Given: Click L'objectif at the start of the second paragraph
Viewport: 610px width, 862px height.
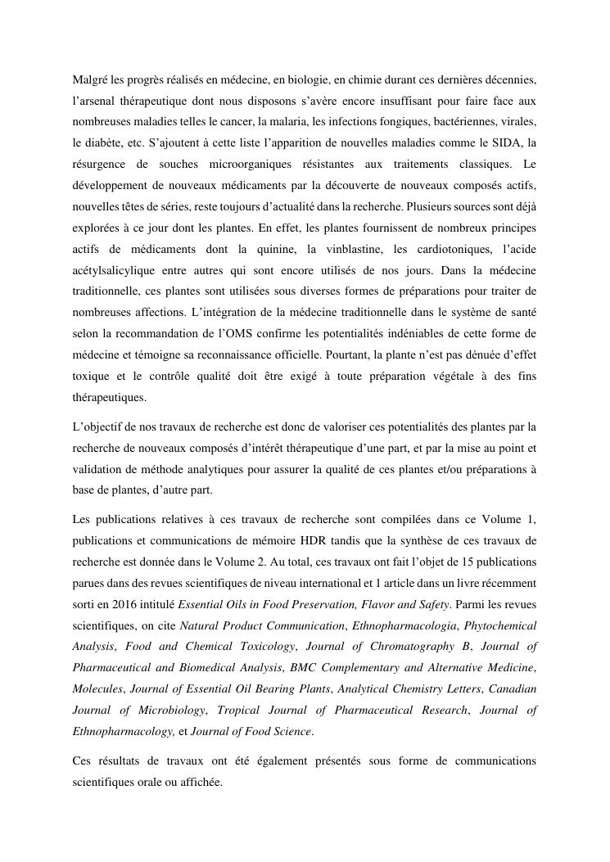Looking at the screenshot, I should tap(97, 426).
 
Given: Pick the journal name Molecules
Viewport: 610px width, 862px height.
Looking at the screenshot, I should tap(97, 689).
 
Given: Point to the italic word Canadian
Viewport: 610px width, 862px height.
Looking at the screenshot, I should tap(513, 689).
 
